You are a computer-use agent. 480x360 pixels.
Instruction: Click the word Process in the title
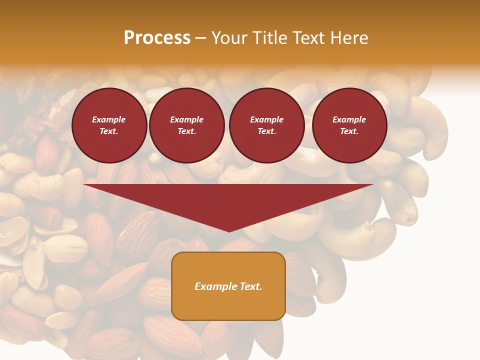click(x=157, y=38)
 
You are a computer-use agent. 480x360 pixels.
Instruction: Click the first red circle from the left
click(x=109, y=125)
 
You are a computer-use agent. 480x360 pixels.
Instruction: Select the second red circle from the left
click(x=187, y=125)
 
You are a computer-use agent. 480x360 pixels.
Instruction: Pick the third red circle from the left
click(x=267, y=125)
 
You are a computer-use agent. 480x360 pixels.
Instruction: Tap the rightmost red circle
click(x=349, y=125)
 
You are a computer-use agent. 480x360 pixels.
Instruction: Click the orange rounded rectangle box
click(x=228, y=286)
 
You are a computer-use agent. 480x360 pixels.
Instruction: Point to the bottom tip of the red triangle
click(x=229, y=230)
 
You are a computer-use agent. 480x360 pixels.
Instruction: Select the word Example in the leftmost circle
click(x=109, y=119)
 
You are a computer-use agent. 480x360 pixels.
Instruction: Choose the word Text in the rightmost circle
click(x=349, y=131)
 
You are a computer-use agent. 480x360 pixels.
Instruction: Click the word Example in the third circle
click(x=267, y=119)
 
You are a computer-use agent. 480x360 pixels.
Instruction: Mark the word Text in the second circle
click(x=186, y=131)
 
